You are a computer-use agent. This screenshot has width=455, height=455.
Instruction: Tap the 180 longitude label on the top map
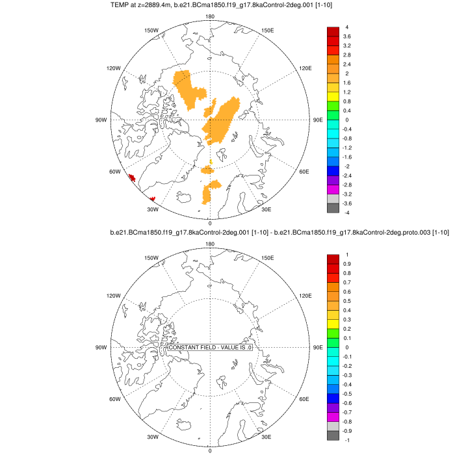209,17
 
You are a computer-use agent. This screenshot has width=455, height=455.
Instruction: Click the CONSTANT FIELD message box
210,348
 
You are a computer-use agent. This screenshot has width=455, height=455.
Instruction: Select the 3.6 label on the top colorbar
347,37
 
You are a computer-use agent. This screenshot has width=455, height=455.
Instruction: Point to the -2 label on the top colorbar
346,166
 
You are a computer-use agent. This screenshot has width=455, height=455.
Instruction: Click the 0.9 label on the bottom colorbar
347,264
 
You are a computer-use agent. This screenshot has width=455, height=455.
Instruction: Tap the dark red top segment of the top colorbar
332,32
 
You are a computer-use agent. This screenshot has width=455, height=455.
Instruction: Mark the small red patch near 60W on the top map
131,177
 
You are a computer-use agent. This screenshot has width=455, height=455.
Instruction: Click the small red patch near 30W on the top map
152,199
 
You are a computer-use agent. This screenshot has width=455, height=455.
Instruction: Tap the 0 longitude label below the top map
209,223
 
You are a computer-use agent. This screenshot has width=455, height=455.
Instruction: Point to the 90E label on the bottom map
318,348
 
